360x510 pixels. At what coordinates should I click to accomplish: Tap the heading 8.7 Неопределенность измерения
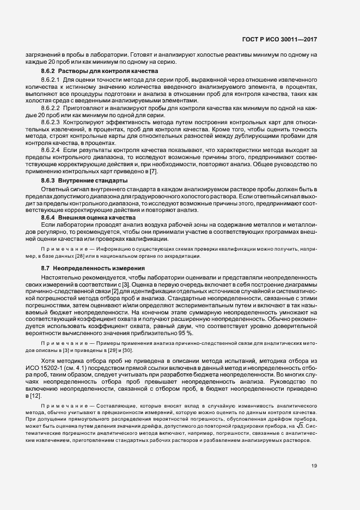click(x=93, y=269)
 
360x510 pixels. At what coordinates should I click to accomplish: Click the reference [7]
click(x=154, y=172)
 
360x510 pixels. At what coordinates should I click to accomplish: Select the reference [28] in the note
click(x=80, y=256)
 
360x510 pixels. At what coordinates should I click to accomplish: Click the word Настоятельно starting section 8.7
click(x=59, y=278)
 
